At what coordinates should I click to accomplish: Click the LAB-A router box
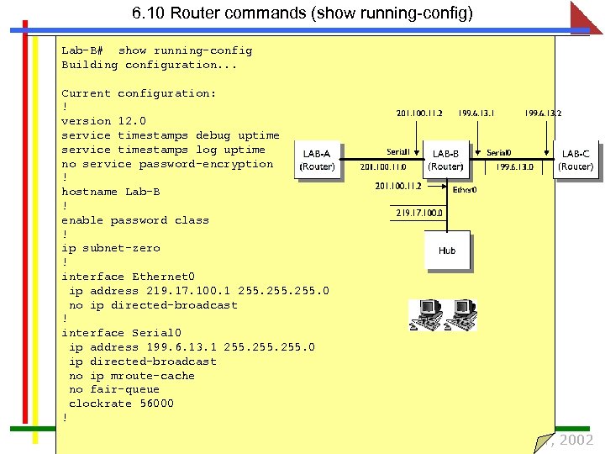point(318,160)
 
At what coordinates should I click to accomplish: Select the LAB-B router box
point(445,160)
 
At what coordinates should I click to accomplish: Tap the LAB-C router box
point(576,160)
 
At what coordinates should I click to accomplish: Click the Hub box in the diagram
point(447,251)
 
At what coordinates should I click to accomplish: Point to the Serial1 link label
point(398,152)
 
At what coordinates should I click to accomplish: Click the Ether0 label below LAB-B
point(465,190)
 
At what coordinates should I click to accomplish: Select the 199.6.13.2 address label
point(543,113)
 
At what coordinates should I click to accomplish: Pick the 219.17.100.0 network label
point(420,214)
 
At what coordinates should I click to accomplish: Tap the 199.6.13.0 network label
point(513,167)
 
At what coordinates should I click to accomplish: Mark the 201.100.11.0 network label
point(383,167)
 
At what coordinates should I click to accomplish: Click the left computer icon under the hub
point(425,314)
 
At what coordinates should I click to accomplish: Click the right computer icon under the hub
point(460,314)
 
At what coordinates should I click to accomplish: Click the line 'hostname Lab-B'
point(110,192)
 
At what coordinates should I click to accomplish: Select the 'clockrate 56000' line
point(121,404)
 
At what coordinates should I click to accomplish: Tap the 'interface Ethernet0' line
point(128,277)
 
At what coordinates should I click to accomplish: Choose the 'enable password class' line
point(134,220)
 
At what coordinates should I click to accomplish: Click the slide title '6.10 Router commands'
point(302,13)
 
